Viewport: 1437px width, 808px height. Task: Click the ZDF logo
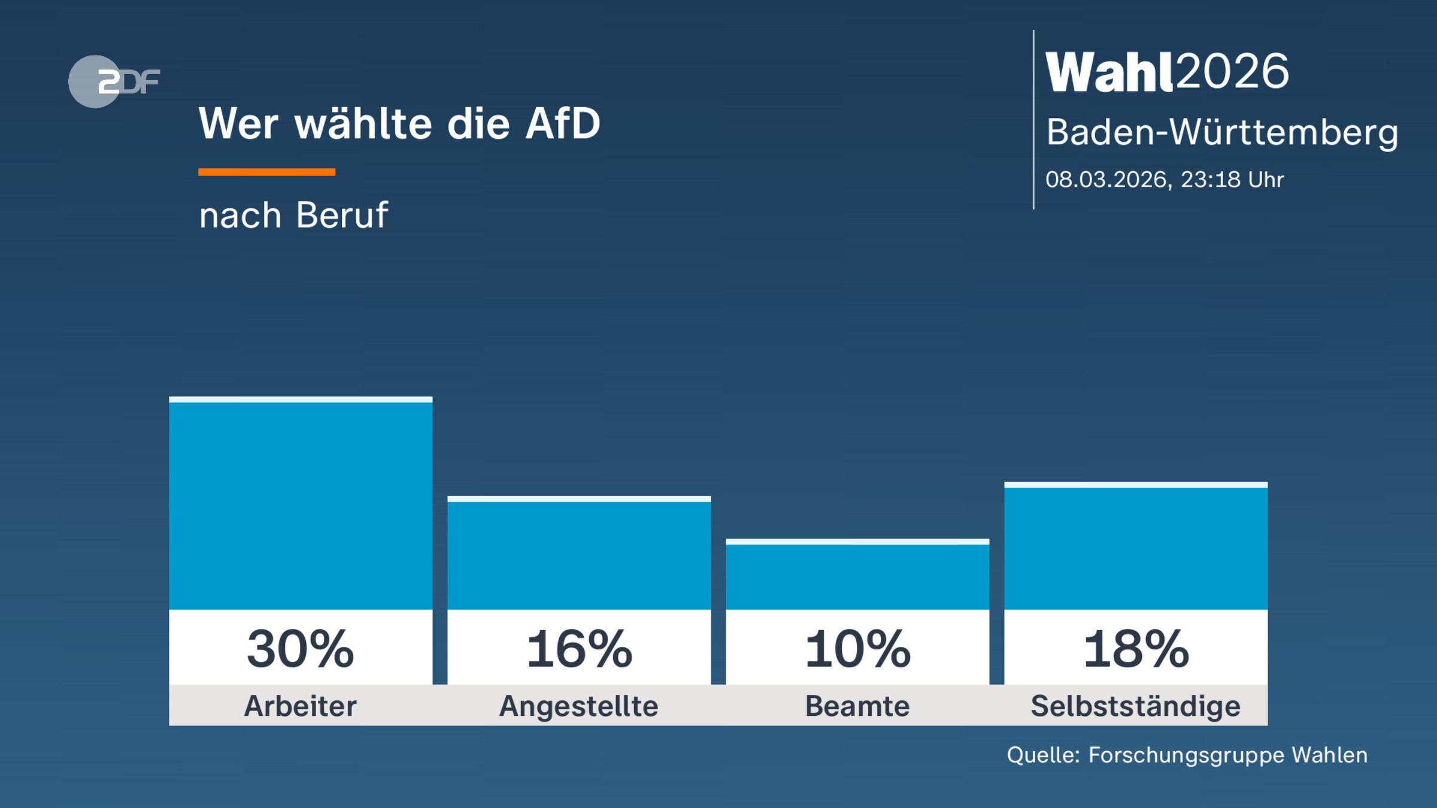pyautogui.click(x=114, y=81)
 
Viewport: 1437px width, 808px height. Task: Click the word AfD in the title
pyautogui.click(x=562, y=124)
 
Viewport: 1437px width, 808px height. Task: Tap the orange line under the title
pyautogui.click(x=266, y=172)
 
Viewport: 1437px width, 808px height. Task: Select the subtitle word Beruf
pyautogui.click(x=342, y=215)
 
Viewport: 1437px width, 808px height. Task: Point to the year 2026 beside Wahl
pyautogui.click(x=1232, y=72)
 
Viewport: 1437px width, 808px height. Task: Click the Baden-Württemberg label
pyautogui.click(x=1221, y=132)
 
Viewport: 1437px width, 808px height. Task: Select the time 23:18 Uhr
pyautogui.click(x=1232, y=180)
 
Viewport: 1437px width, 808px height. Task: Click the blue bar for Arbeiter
pyautogui.click(x=301, y=506)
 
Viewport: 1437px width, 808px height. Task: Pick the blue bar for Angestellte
pyautogui.click(x=579, y=555)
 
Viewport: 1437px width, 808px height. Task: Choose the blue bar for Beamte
pyautogui.click(x=857, y=576)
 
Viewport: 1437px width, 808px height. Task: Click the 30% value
pyautogui.click(x=301, y=649)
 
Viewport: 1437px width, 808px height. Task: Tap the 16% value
pyautogui.click(x=579, y=649)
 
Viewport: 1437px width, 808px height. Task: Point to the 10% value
pyautogui.click(x=857, y=649)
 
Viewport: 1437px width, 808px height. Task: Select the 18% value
pyautogui.click(x=1136, y=649)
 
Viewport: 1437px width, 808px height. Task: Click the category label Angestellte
pyautogui.click(x=579, y=706)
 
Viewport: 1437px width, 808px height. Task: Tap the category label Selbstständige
pyautogui.click(x=1136, y=706)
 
